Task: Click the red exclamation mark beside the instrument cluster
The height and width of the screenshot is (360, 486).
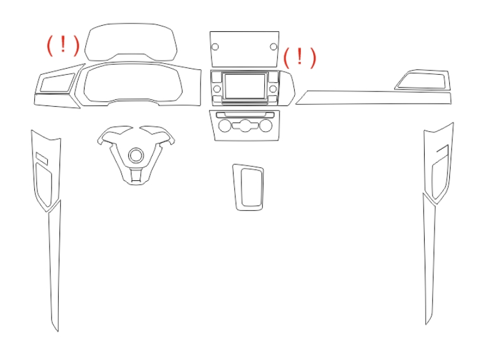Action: point(63,44)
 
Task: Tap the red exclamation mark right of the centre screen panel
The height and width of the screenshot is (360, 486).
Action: point(300,56)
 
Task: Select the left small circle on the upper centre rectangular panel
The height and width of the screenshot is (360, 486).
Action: point(215,47)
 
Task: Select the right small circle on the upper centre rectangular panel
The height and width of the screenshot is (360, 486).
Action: point(273,47)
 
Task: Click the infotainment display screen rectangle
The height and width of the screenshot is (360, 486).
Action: point(245,86)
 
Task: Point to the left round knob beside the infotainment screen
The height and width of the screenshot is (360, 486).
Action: point(217,89)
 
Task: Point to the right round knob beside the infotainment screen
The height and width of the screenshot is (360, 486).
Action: point(273,89)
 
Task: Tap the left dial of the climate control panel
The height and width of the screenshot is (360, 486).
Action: point(225,126)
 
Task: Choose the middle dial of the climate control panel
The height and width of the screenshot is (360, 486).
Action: point(245,126)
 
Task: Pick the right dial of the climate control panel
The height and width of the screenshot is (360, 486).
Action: point(265,126)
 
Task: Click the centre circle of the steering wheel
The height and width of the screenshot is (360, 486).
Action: point(136,155)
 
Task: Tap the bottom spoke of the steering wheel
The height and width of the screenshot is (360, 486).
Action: point(136,177)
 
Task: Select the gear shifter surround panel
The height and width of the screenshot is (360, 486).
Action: point(248,188)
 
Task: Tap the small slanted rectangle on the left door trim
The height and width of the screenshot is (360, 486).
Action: point(42,158)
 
